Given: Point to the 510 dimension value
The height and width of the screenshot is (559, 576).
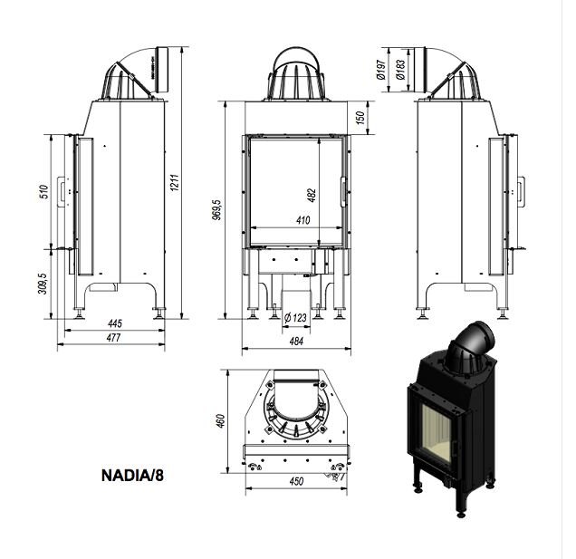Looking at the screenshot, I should [x=43, y=192].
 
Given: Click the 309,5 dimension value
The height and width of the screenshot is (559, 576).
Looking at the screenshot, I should [x=43, y=283].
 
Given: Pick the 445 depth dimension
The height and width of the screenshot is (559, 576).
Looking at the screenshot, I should [x=114, y=323].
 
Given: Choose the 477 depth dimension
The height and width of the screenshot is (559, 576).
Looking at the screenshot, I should [x=114, y=337].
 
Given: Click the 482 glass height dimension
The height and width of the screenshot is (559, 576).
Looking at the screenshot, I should [x=312, y=194].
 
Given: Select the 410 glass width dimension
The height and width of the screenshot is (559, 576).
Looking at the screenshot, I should [x=302, y=220].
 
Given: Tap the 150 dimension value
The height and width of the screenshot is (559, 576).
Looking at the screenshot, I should [x=360, y=118].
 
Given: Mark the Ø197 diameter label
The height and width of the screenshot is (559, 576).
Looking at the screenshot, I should [x=383, y=69].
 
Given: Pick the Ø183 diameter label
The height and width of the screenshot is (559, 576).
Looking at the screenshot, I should [x=398, y=69].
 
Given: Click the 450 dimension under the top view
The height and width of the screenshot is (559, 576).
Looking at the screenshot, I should [x=296, y=481].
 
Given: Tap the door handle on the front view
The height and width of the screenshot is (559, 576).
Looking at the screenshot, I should [x=343, y=192].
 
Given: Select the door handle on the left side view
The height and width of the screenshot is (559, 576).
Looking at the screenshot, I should [x=62, y=190].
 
